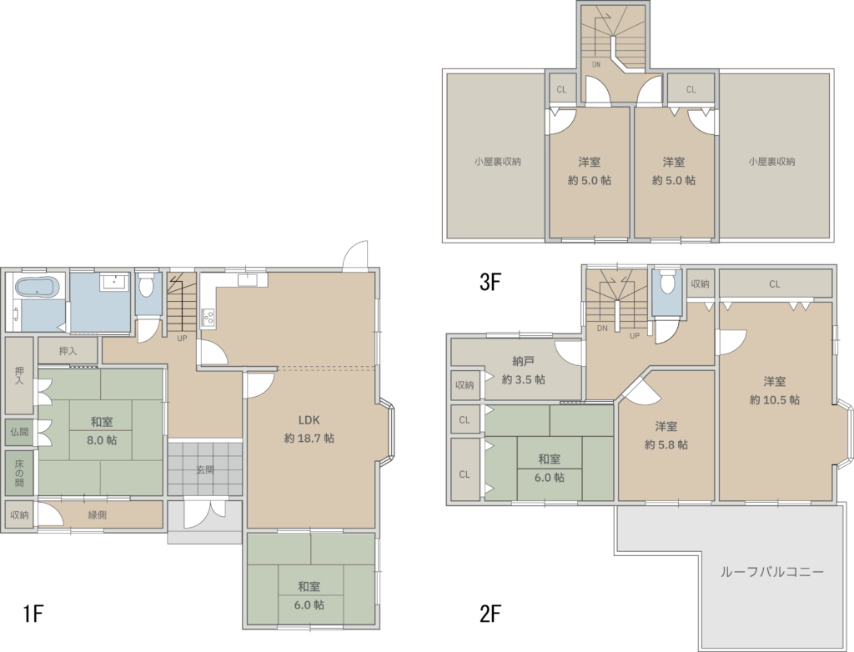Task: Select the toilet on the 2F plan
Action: pyautogui.click(x=666, y=282)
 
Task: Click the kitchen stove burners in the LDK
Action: pyautogui.click(x=208, y=317)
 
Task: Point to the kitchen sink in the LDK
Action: pyautogui.click(x=248, y=280)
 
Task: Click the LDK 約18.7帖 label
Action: pyautogui.click(x=309, y=429)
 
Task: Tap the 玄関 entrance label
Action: pyautogui.click(x=205, y=469)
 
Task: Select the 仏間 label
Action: pyautogui.click(x=19, y=432)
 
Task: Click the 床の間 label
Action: pyautogui.click(x=19, y=473)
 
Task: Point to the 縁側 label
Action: pyautogui.click(x=97, y=514)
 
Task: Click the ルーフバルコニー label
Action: pyautogui.click(x=771, y=571)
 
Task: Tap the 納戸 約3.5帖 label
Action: pyautogui.click(x=524, y=370)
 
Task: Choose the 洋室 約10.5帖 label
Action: pyautogui.click(x=775, y=390)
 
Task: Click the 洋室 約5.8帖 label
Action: pyautogui.click(x=666, y=435)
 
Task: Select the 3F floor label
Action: pyautogui.click(x=490, y=282)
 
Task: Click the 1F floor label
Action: pyautogui.click(x=33, y=614)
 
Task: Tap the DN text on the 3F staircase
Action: pyautogui.click(x=596, y=64)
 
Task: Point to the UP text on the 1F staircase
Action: pyautogui.click(x=182, y=339)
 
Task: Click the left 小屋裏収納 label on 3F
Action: pyautogui.click(x=497, y=162)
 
